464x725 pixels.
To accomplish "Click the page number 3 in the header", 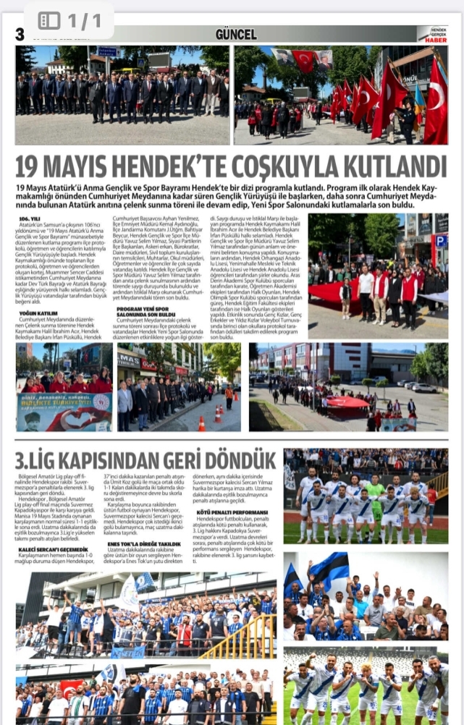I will pyautogui.click(x=19, y=34).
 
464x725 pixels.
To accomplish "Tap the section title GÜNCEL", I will pyautogui.click(x=236, y=34).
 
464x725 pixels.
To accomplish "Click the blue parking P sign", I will pyautogui.click(x=440, y=241).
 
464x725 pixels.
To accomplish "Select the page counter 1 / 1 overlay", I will pyautogui.click(x=70, y=20).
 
